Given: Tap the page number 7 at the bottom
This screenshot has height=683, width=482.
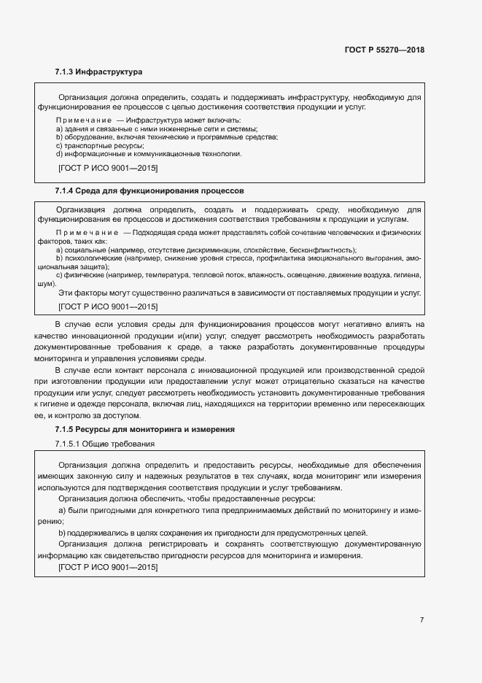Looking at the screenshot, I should (x=421, y=620).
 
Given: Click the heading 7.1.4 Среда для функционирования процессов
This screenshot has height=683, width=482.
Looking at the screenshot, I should (x=149, y=190).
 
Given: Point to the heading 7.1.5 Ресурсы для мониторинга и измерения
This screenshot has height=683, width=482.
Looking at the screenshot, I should (x=144, y=430).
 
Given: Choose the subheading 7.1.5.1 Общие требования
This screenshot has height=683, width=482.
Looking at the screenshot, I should (x=104, y=444).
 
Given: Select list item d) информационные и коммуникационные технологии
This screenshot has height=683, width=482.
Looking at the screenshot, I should (x=148, y=154).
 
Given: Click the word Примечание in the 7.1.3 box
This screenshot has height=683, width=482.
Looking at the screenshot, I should (x=82, y=120).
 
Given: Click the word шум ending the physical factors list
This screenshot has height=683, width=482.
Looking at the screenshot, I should (x=45, y=284).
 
